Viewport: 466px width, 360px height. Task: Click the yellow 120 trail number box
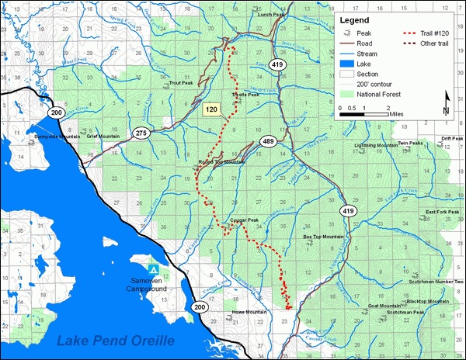[210, 109]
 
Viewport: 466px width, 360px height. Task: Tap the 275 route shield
[141, 133]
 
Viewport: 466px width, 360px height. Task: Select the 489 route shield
[269, 141]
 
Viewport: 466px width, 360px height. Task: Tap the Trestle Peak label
[247, 96]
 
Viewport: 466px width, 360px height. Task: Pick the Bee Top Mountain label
[322, 236]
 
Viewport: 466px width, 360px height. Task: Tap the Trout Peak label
[180, 81]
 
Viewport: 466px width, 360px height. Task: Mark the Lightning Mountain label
[376, 145]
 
